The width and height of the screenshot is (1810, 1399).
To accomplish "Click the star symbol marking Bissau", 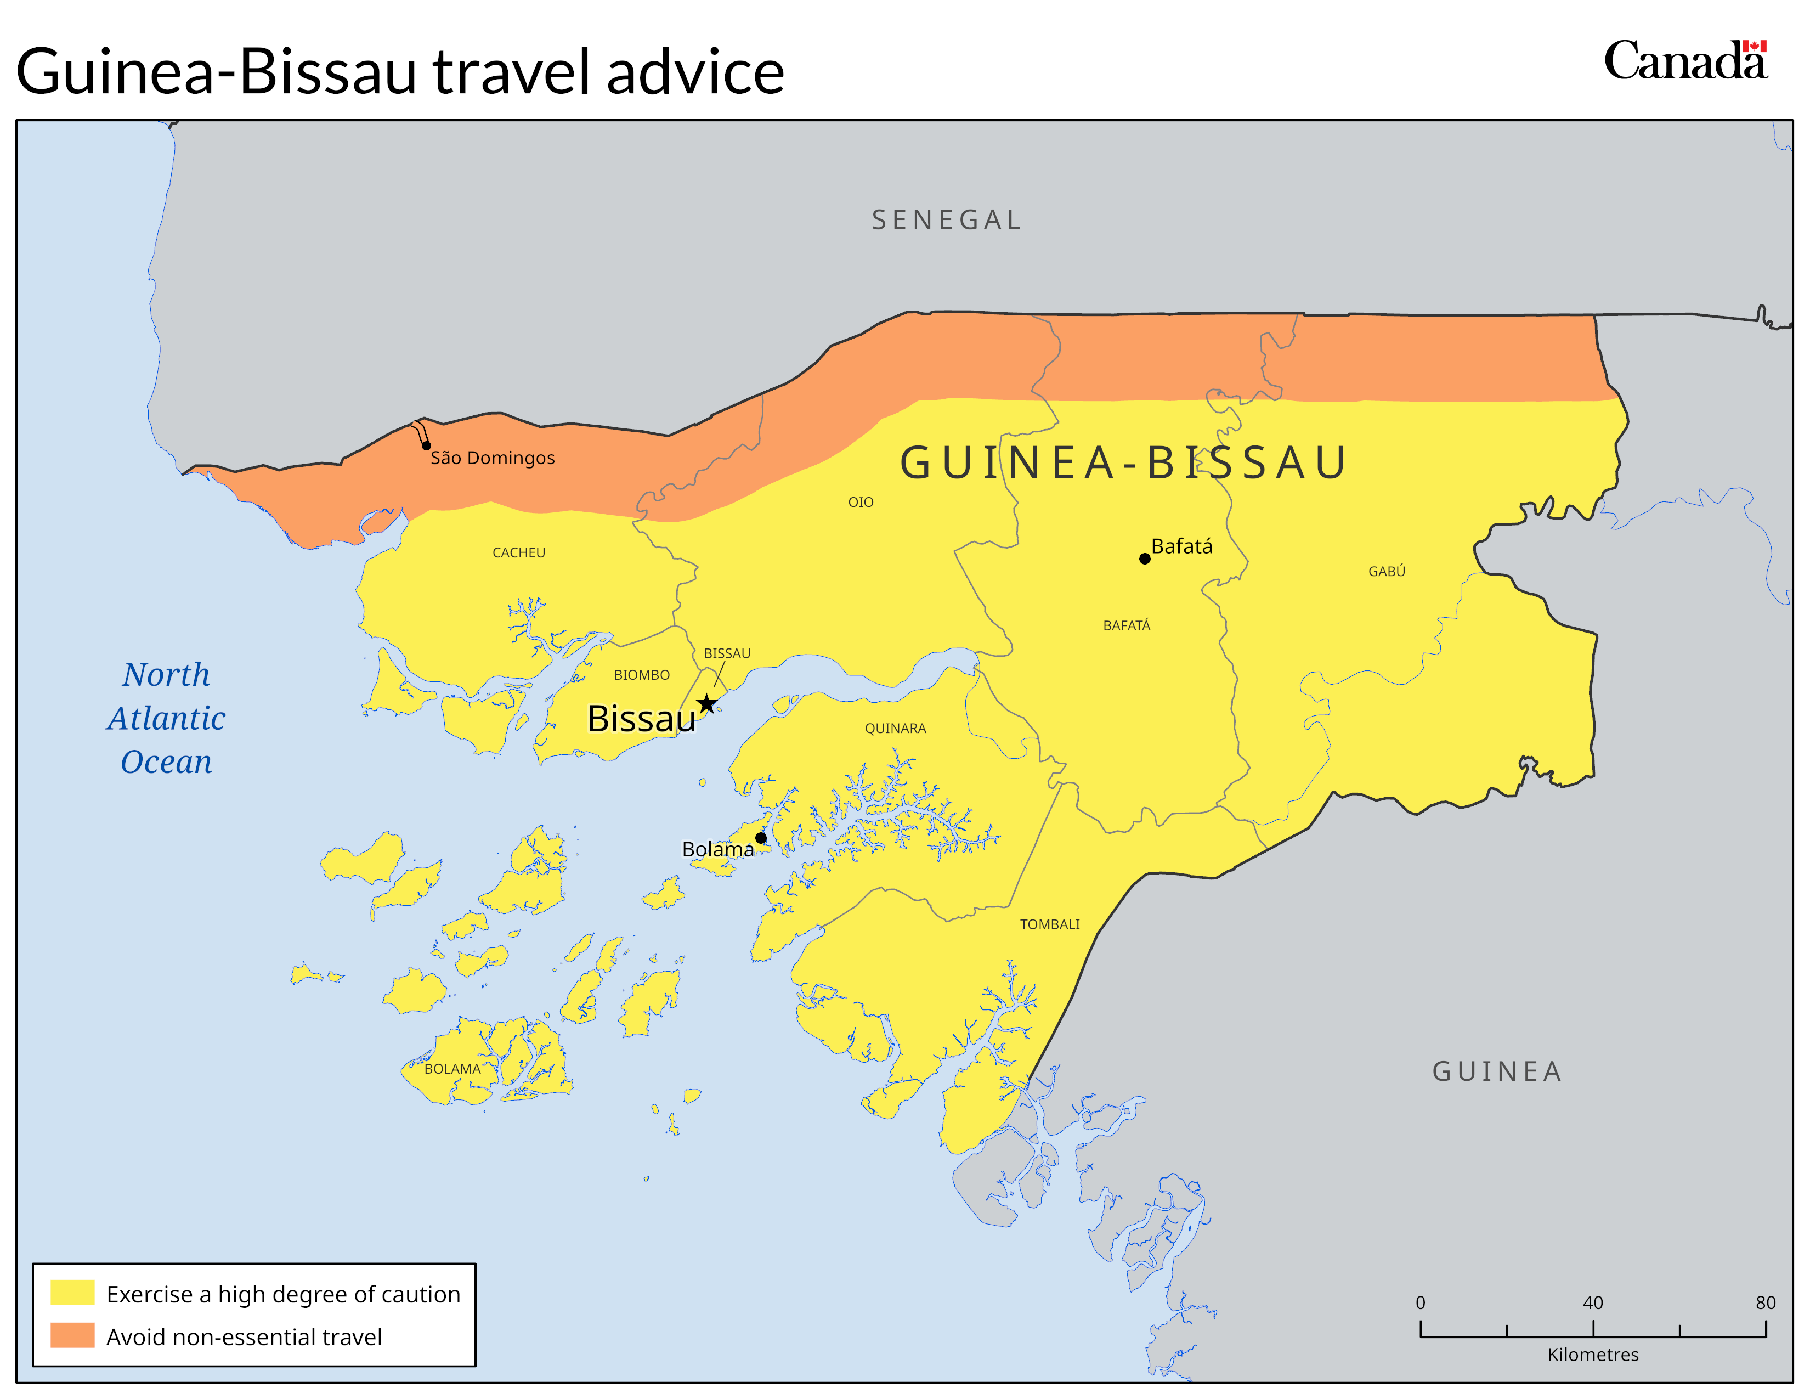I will click(706, 704).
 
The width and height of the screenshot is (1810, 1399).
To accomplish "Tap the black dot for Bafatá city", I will click(1145, 559).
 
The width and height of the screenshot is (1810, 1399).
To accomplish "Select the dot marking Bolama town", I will click(761, 838).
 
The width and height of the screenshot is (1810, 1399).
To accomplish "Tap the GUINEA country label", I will click(1497, 1071).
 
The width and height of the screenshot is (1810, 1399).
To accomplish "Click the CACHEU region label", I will click(519, 553).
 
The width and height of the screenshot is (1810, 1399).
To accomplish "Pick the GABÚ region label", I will click(1387, 571).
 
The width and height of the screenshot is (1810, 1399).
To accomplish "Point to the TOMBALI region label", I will click(1049, 924).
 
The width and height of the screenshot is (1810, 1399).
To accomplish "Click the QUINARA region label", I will click(895, 729).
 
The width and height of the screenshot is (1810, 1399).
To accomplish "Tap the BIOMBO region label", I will click(642, 675).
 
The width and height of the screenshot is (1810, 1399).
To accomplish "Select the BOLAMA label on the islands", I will click(452, 1069).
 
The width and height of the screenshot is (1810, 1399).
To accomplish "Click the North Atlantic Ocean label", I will click(167, 718).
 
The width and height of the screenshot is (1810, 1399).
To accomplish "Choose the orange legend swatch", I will click(73, 1335).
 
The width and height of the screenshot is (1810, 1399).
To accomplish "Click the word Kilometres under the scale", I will click(1592, 1355).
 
